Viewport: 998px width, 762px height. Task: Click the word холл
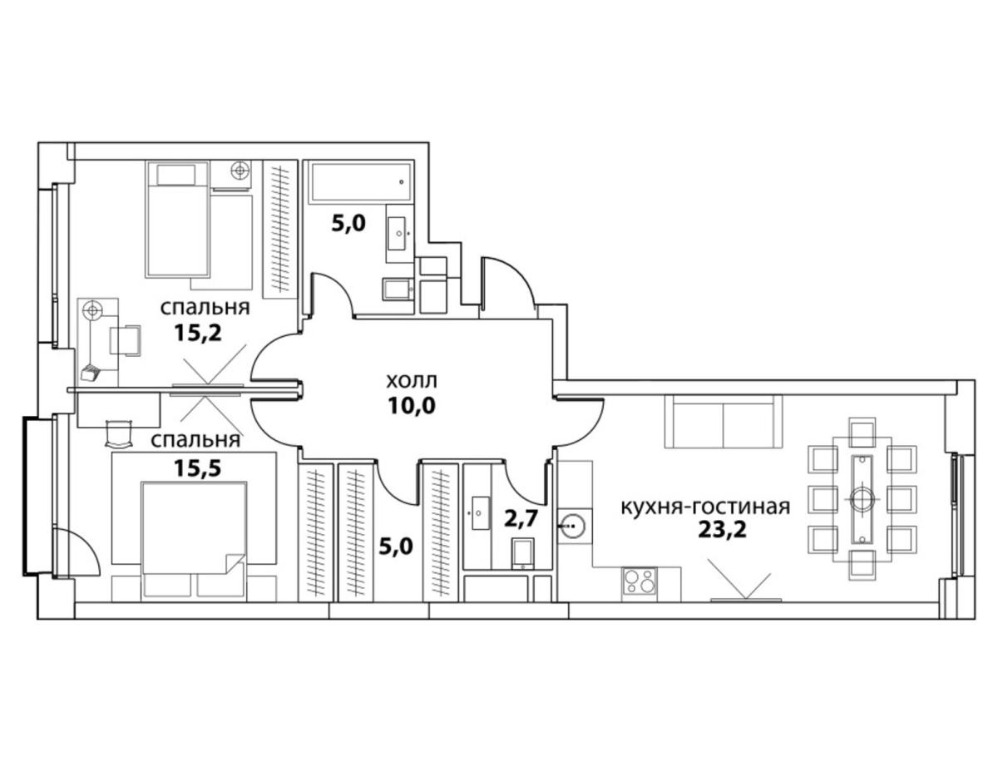pos(411,382)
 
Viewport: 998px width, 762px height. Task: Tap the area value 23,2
pos(723,529)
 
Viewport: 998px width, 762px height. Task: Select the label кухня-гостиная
pos(705,507)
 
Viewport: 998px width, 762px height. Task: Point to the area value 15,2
pos(197,334)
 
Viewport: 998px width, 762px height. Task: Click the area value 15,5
pos(197,468)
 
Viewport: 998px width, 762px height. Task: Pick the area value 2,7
pos(521,518)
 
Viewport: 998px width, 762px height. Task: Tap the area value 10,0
pos(412,406)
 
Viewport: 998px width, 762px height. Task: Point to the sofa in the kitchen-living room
pos(724,422)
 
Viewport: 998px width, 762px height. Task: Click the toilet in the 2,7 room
pos(522,554)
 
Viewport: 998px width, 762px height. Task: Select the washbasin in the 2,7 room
pos(480,512)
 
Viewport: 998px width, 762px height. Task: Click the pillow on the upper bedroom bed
pos(176,175)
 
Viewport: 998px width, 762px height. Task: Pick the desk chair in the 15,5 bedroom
pos(120,433)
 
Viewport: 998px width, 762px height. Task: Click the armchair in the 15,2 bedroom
pos(125,340)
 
